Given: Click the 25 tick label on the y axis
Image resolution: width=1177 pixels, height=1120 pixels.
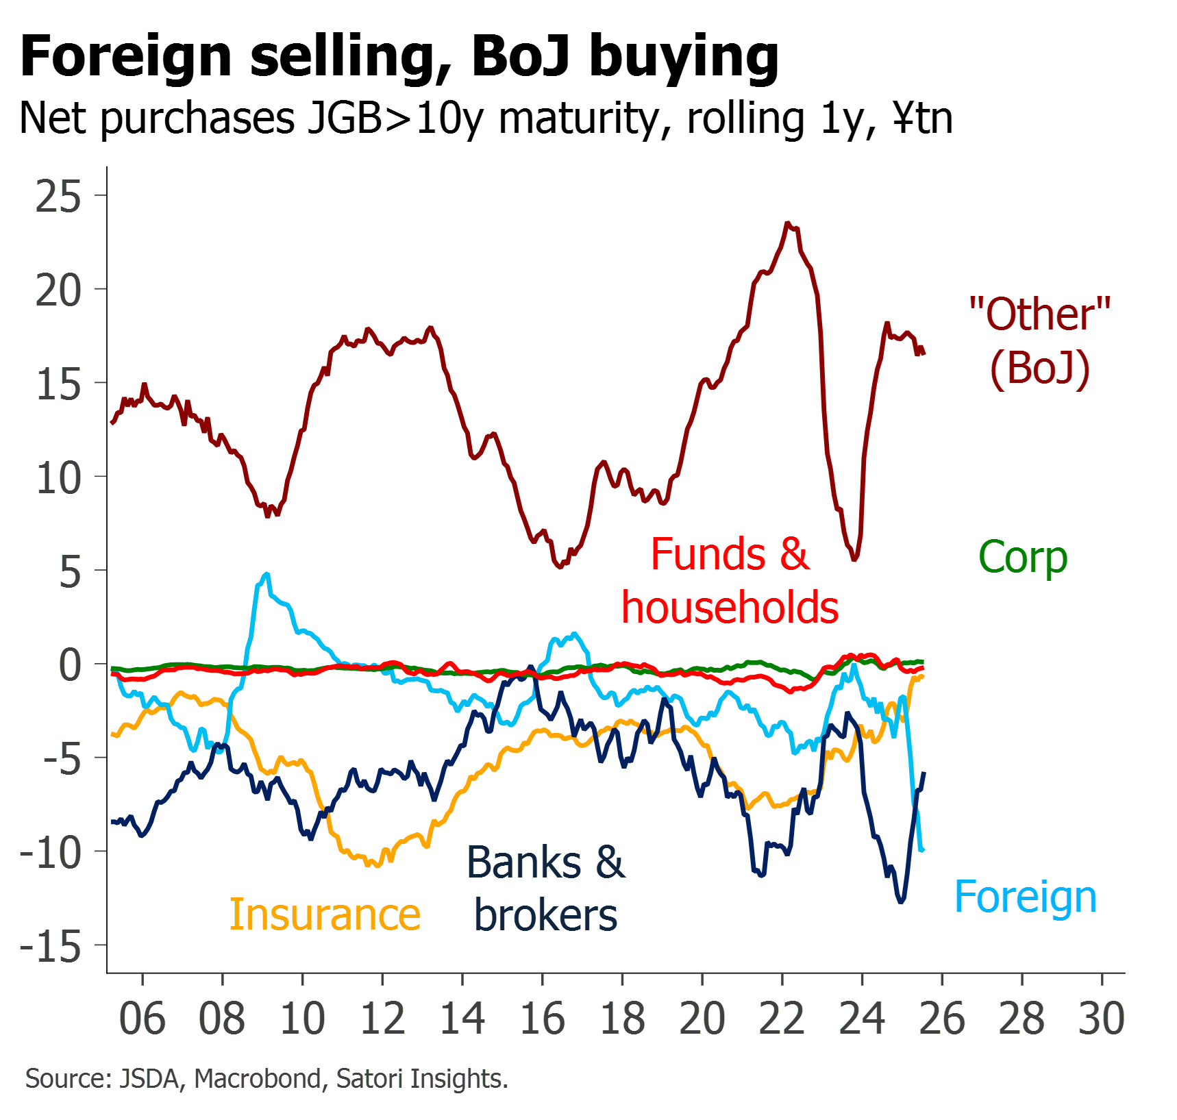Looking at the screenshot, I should click(x=58, y=197).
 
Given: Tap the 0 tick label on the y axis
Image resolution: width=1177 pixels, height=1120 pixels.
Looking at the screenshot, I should click(x=70, y=665).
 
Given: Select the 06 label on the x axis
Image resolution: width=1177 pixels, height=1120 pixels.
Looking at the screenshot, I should click(x=142, y=1019).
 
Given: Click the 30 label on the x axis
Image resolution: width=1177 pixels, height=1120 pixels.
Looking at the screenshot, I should click(x=1102, y=1019).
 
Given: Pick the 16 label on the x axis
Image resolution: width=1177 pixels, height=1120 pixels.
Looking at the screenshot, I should click(x=543, y=1019).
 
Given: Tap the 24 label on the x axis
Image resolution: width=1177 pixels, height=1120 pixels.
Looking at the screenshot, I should click(x=862, y=1019).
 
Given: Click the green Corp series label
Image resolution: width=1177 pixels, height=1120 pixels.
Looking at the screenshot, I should click(x=1023, y=558).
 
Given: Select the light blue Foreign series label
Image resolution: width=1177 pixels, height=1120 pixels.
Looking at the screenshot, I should click(x=1025, y=897).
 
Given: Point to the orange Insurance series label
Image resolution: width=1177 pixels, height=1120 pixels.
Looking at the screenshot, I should click(x=325, y=914).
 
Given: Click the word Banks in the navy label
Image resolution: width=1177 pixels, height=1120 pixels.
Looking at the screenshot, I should click(x=524, y=862).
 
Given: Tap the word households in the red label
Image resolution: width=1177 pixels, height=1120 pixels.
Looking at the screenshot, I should click(x=730, y=608).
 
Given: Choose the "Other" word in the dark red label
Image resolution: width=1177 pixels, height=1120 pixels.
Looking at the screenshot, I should click(x=1040, y=314).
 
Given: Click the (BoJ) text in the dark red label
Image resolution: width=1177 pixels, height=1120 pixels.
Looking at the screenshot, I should click(x=1040, y=369).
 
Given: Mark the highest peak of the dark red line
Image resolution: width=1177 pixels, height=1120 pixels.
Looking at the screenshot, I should click(x=788, y=223).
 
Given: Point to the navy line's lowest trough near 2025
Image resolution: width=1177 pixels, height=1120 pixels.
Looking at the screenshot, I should click(x=901, y=901).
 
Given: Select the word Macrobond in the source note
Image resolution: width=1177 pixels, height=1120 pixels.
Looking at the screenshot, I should click(x=258, y=1079).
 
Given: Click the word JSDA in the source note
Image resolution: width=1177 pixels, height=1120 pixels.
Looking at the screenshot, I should click(x=149, y=1079).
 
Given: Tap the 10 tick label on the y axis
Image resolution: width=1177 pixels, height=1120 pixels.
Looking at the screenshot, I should click(x=58, y=478).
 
